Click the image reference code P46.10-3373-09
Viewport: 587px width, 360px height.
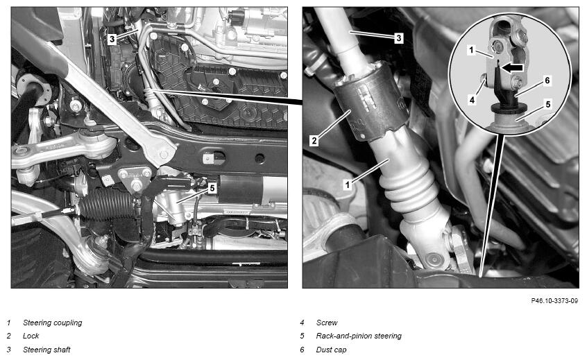(x=554, y=301)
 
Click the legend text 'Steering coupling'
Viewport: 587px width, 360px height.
(x=53, y=323)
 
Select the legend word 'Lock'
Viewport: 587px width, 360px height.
(x=31, y=336)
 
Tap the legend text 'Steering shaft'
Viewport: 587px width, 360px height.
(x=46, y=350)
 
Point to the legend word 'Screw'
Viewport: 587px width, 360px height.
(x=327, y=323)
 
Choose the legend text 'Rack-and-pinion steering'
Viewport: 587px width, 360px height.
(x=359, y=336)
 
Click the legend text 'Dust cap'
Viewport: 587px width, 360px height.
(x=331, y=350)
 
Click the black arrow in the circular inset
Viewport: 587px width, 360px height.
(x=512, y=68)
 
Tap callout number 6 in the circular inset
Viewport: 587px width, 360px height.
(x=547, y=80)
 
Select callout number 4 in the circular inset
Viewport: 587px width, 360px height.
(x=472, y=100)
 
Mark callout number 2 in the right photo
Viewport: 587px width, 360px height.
(x=314, y=141)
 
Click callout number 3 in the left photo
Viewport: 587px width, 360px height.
(x=112, y=39)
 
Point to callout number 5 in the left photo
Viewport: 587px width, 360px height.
(x=212, y=188)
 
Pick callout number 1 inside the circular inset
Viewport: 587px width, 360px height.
(x=471, y=50)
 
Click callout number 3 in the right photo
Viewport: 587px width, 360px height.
(x=399, y=37)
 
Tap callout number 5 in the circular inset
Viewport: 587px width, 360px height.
(x=548, y=104)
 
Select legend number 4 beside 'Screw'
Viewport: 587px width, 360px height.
(x=302, y=323)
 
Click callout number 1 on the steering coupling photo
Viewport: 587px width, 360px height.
(x=348, y=185)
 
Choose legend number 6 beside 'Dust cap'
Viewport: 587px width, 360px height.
(x=302, y=350)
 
